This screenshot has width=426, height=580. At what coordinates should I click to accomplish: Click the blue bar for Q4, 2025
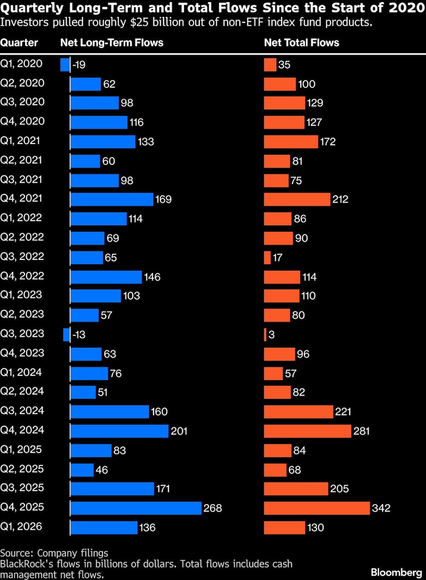pos(135,508)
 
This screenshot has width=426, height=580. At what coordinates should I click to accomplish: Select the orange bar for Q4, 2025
pos(317,508)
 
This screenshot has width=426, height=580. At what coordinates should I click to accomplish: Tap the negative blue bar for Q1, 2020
pos(65,65)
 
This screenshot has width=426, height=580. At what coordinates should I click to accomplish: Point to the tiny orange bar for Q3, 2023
pos(265,335)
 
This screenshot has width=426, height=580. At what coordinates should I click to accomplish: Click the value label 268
pos(213,508)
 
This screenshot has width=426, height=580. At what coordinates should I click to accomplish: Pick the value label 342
pos(381,508)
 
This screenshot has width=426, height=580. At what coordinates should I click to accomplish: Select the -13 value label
pos(79,335)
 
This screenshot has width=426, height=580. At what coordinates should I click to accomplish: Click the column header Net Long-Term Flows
pos(112,43)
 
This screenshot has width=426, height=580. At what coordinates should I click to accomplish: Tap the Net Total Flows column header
pos(301,43)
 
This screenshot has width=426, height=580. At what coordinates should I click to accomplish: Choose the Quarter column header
pos(19,43)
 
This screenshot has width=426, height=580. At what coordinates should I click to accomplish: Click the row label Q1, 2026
pos(21,527)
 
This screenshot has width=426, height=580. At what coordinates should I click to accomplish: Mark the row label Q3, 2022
pos(22,257)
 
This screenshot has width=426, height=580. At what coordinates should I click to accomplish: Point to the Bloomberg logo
pos(396,572)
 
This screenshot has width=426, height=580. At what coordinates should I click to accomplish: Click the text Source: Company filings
pos(54,553)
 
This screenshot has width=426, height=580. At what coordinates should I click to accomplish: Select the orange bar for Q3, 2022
pos(267,257)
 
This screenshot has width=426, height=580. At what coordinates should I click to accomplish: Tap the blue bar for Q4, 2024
pos(119,431)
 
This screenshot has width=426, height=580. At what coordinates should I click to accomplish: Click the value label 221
pos(343,412)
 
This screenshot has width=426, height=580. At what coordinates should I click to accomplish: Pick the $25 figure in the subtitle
pos(138,22)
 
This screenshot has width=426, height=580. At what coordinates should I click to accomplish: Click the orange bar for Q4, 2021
pos(297,199)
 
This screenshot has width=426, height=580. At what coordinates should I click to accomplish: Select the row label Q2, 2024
pos(22,391)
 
